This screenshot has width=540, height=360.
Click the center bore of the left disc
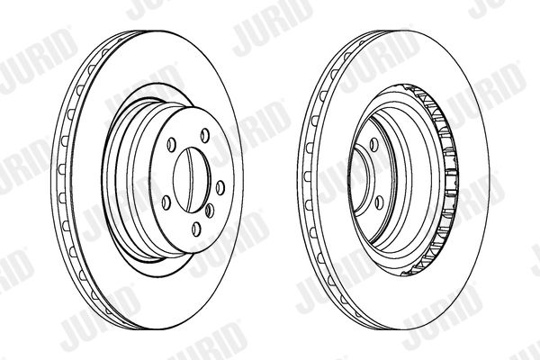[x=192, y=180]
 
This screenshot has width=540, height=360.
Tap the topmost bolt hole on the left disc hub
[x=205, y=135]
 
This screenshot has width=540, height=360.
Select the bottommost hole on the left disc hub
[x=196, y=229]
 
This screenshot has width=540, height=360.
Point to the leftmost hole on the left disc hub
[x=166, y=202]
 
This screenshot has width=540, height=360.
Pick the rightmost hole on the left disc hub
[x=220, y=188]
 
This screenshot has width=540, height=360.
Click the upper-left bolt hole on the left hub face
[x=171, y=144]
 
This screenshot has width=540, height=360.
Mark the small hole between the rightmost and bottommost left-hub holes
[x=210, y=211]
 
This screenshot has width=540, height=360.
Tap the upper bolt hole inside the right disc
[x=373, y=145]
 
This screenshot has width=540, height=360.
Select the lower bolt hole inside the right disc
[x=379, y=202]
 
